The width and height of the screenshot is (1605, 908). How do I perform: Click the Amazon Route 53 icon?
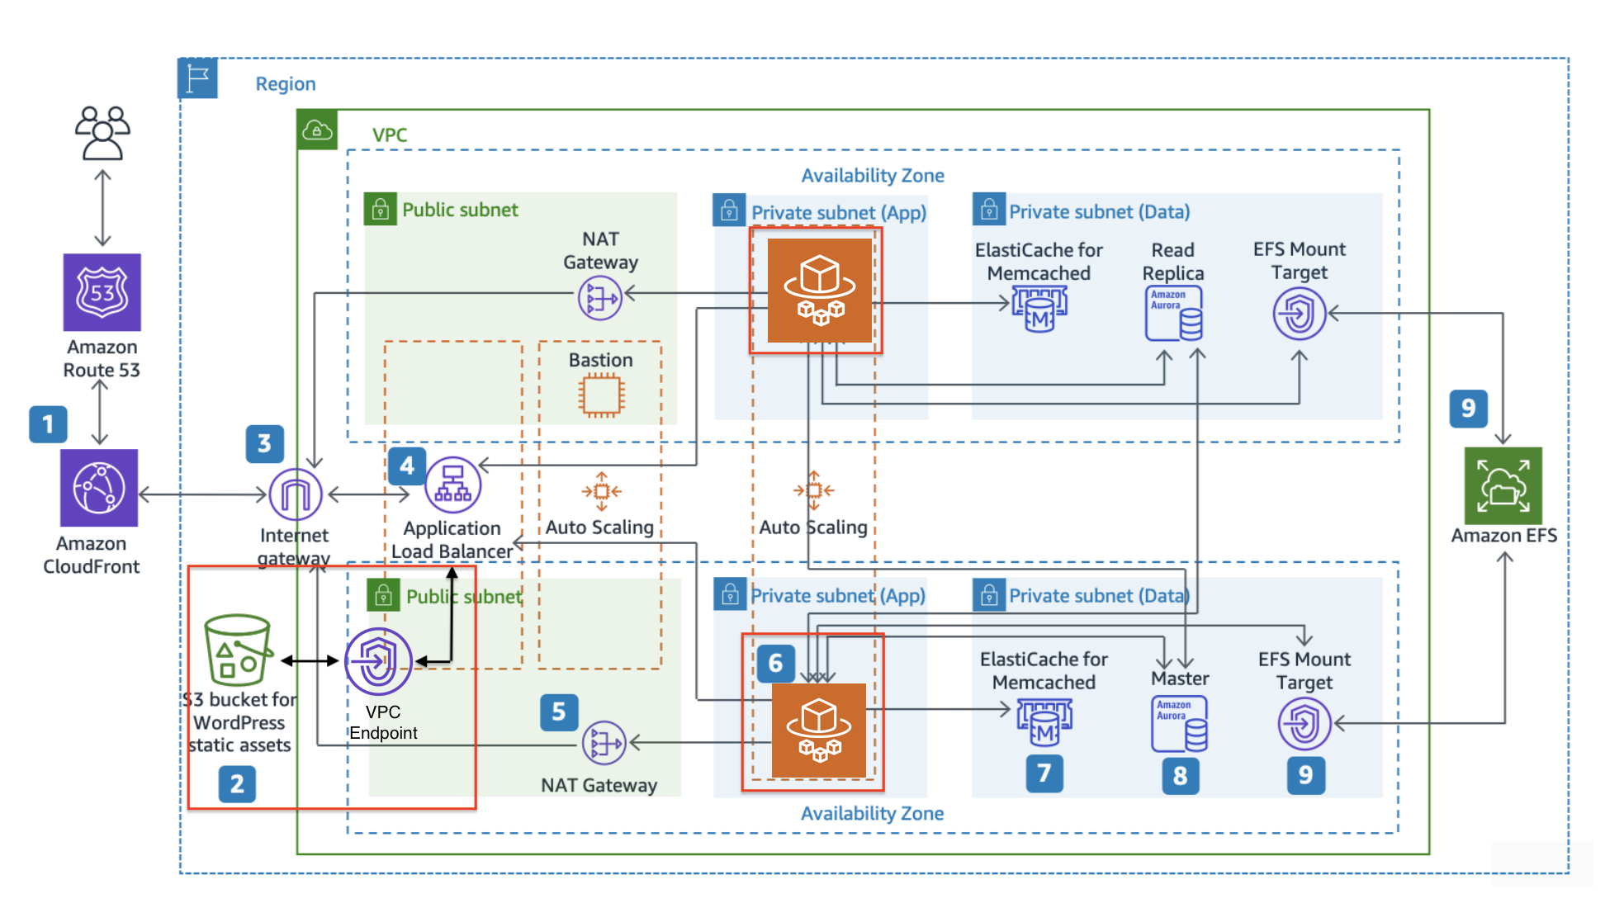(102, 292)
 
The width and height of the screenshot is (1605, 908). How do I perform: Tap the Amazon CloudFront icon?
(99, 488)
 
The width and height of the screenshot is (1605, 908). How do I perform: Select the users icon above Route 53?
(102, 133)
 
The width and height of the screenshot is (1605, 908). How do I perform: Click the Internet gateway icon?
(295, 494)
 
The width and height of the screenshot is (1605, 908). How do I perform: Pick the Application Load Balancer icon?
(452, 485)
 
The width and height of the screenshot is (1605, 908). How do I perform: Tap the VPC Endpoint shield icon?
(378, 661)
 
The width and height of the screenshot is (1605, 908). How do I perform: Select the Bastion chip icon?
(601, 395)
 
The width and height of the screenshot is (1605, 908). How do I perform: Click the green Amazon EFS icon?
(1503, 486)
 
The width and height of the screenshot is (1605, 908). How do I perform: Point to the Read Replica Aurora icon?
(1173, 314)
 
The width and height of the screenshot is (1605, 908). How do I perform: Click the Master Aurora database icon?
(1179, 723)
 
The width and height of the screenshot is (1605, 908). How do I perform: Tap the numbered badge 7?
(1044, 773)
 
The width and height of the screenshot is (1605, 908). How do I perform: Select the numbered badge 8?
(1180, 775)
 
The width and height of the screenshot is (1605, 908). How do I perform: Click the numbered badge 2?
(237, 783)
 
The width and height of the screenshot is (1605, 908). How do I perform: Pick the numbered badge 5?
(559, 712)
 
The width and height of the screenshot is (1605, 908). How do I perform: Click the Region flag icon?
(198, 78)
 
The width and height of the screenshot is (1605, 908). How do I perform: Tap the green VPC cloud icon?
(317, 130)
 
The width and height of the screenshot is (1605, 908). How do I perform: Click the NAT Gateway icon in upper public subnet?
(599, 298)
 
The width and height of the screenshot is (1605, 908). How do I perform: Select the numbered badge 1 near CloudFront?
(48, 424)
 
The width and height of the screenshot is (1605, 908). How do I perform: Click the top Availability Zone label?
(873, 176)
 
